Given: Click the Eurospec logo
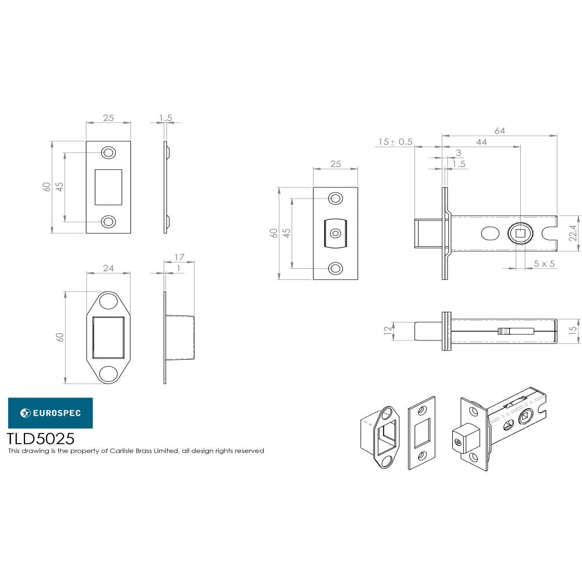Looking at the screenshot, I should [x=50, y=413].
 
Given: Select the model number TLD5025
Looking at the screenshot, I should [x=40, y=438].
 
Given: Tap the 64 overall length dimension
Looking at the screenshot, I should [x=499, y=131].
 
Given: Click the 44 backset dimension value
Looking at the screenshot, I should [x=481, y=142].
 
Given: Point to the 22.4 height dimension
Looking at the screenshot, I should [x=573, y=233].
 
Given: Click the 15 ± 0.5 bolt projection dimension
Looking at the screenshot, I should [x=395, y=142].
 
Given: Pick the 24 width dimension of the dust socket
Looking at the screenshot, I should [x=108, y=268].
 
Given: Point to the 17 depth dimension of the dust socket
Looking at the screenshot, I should [x=179, y=257].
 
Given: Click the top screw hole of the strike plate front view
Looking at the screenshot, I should [x=108, y=152].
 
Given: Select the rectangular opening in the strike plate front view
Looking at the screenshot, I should [x=108, y=187].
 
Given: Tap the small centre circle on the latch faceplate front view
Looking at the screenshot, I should [x=335, y=233].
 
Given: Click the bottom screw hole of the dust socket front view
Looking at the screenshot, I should [x=108, y=373].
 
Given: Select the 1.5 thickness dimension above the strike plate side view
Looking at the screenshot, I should [x=165, y=118].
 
